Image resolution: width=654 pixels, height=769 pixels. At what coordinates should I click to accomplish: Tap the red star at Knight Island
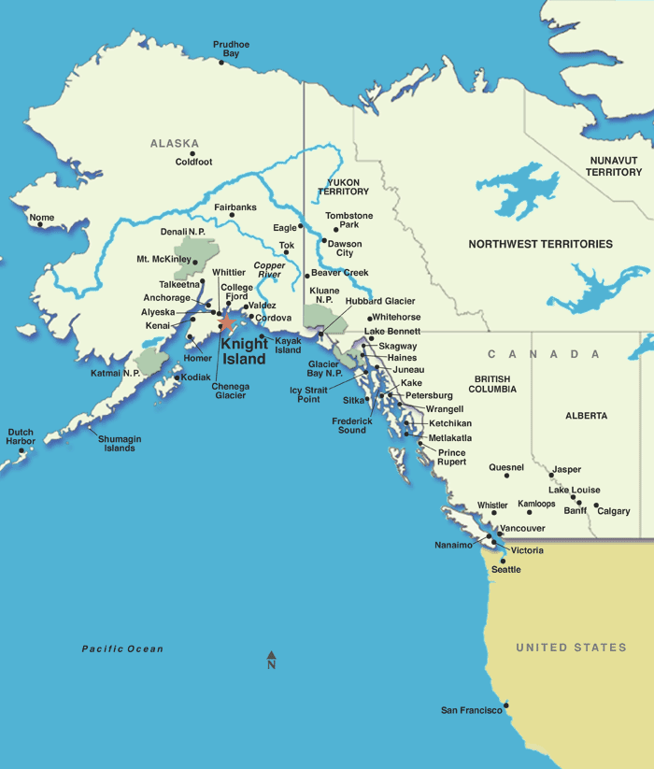click(226, 321)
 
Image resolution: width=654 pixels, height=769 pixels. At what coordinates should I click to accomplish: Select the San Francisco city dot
click(505, 705)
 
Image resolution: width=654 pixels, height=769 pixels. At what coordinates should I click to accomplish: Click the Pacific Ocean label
click(122, 648)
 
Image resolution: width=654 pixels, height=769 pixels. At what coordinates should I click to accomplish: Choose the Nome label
click(42, 218)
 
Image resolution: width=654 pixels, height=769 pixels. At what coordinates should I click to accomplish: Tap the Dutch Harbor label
click(21, 436)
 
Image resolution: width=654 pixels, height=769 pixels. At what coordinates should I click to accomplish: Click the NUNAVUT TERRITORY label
click(614, 166)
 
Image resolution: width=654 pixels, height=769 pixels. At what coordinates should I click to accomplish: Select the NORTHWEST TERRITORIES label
click(540, 244)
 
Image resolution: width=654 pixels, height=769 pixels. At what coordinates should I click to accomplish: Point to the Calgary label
click(614, 511)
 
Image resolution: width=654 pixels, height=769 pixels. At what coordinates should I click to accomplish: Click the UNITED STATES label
click(571, 648)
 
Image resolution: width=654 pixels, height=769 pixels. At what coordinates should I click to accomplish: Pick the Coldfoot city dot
click(193, 153)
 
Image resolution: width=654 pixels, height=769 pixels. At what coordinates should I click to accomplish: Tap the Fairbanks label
click(235, 206)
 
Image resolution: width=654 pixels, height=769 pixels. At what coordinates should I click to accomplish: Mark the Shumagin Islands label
click(119, 444)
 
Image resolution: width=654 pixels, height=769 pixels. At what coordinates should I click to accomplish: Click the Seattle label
click(506, 569)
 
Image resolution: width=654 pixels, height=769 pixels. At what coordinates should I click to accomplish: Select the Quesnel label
click(506, 467)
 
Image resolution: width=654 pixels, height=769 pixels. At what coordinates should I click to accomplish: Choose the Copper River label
click(268, 270)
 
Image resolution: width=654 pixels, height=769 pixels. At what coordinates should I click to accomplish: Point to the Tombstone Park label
click(349, 221)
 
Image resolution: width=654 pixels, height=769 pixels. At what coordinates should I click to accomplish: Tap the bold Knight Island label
click(244, 351)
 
